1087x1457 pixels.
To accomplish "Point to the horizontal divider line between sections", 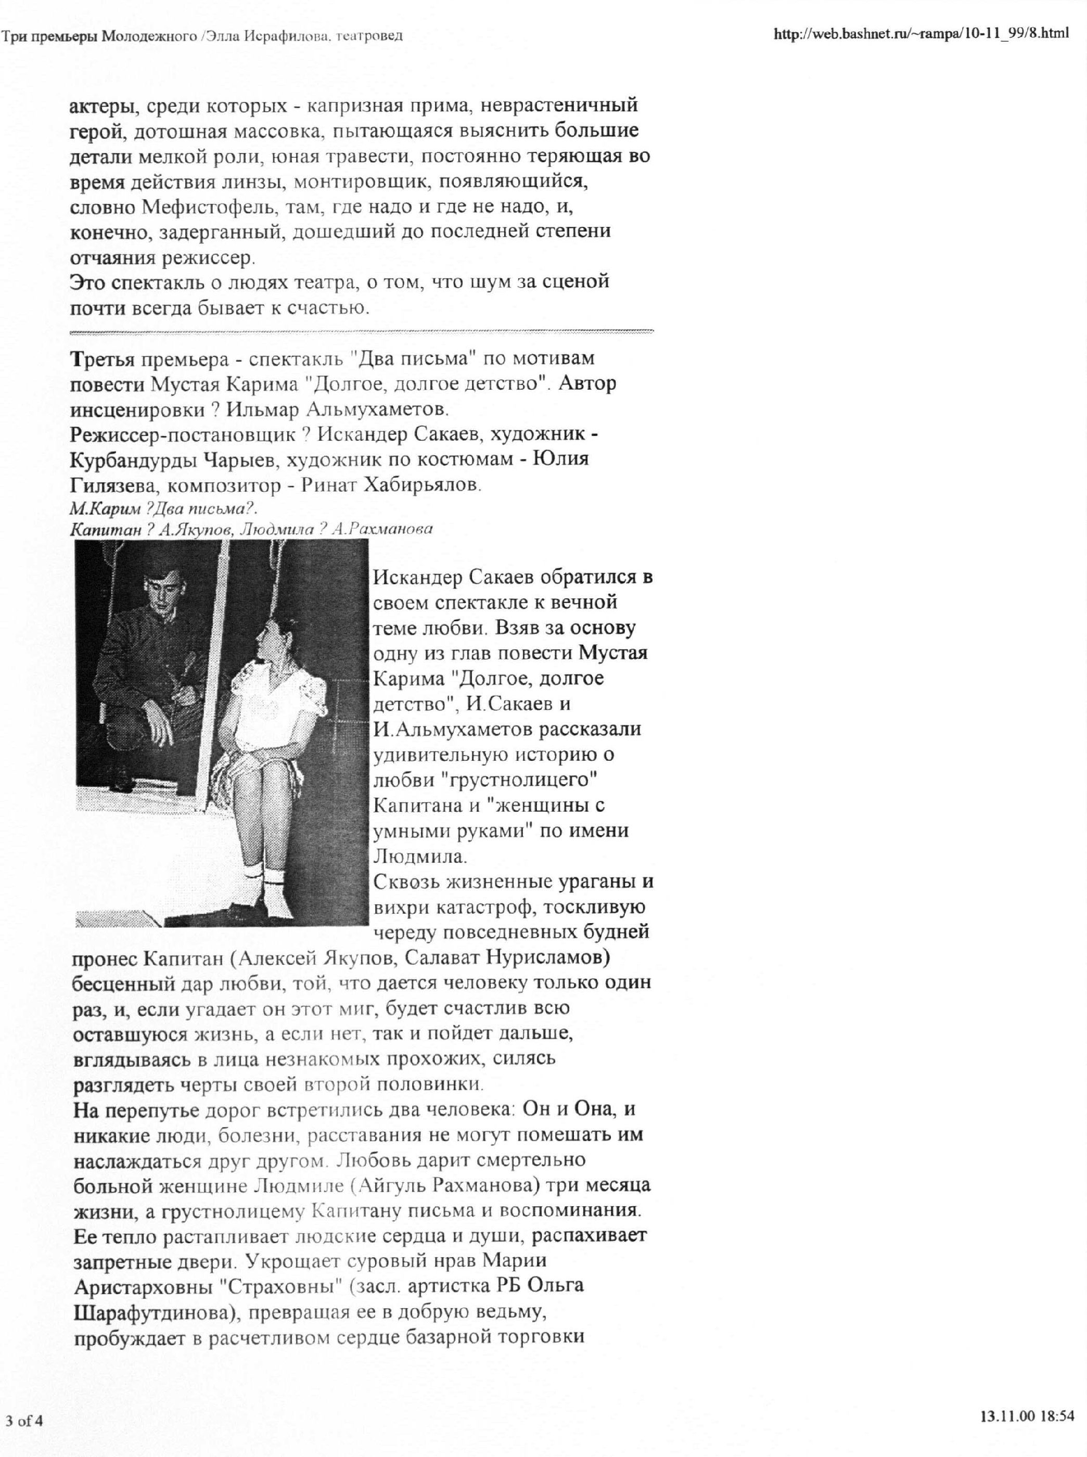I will click(x=362, y=331).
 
